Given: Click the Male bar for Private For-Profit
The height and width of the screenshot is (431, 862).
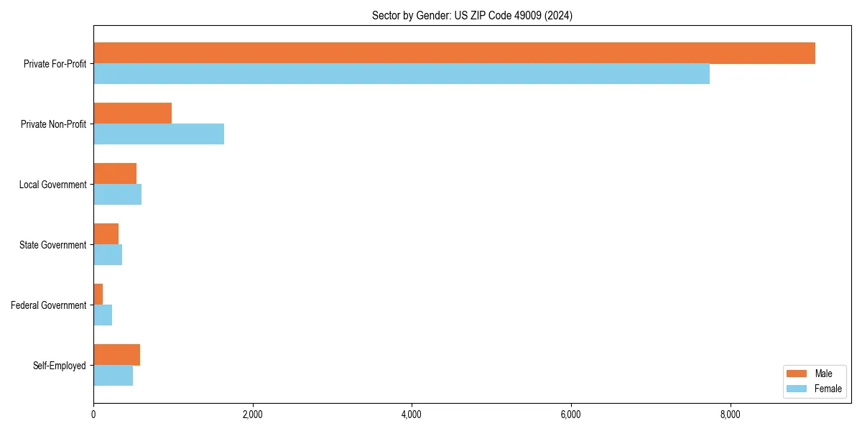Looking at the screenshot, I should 454,53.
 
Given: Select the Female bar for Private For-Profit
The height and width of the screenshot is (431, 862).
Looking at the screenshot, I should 402,74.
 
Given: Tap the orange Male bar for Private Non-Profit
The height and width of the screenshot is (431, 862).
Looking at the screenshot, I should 132,113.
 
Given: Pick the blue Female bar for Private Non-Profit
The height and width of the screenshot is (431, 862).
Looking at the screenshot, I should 159,134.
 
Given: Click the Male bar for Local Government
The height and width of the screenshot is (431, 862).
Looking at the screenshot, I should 115,174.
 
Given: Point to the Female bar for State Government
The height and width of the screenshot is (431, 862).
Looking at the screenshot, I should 108,255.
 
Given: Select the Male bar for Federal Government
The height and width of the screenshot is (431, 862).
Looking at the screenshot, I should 98,295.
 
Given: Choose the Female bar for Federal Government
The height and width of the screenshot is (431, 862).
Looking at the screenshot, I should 103,315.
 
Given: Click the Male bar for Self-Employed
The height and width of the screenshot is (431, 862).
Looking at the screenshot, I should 116,355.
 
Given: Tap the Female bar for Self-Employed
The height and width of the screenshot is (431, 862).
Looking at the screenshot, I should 113,376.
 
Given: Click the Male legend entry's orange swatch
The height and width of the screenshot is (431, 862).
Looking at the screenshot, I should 797,374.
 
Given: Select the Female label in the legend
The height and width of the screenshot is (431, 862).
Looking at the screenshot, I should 828,389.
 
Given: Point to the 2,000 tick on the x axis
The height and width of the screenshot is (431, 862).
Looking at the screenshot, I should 252,414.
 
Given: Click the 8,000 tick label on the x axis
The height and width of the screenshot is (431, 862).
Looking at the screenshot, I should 730,414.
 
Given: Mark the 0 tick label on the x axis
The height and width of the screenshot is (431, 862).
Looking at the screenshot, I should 93,414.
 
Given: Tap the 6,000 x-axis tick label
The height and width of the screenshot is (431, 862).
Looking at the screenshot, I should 570,414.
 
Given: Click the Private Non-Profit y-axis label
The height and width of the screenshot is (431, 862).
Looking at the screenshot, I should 53,124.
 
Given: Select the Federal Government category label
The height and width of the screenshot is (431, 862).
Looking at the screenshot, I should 49,305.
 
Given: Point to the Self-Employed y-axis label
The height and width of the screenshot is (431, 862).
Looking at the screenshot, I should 60,366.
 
